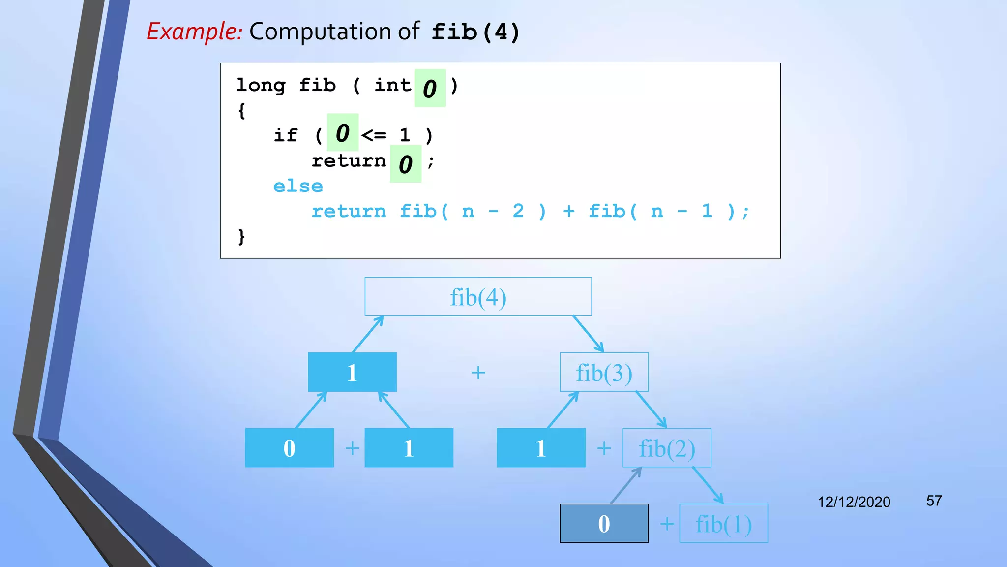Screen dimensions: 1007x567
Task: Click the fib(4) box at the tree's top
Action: (478, 297)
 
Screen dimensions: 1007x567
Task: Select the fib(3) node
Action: (604, 373)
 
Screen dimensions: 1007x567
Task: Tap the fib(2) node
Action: (667, 448)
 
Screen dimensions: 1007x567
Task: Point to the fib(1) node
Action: (723, 524)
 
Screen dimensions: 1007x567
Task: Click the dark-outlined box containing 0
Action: (604, 524)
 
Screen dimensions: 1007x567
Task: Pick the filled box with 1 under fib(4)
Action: (352, 373)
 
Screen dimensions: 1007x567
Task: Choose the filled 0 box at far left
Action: (289, 448)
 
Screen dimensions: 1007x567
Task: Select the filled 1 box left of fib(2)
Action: (541, 448)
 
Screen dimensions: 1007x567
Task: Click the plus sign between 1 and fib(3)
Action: (478, 373)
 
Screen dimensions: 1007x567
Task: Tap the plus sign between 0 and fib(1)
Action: (667, 524)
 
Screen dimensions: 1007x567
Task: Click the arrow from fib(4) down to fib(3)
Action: (588, 334)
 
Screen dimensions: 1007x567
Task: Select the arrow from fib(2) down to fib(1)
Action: (708, 485)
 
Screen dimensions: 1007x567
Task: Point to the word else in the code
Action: (298, 187)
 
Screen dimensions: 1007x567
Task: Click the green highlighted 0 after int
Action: (430, 89)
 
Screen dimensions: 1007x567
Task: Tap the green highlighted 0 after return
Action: (405, 164)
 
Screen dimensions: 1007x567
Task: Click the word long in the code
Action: (261, 85)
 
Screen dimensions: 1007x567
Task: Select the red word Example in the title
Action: (194, 31)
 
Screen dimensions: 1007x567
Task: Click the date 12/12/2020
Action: (854, 502)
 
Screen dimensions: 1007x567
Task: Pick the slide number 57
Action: (934, 501)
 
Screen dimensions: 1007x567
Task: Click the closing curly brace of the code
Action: (241, 237)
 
